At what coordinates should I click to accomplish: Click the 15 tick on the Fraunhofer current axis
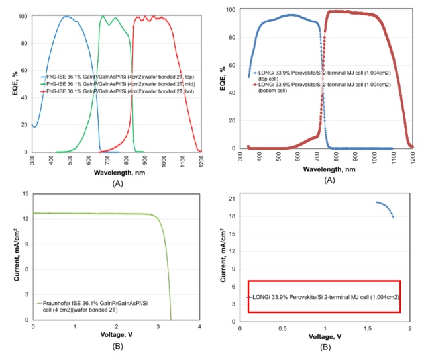coord(26,194)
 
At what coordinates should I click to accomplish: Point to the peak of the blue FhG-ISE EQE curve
coord(66,17)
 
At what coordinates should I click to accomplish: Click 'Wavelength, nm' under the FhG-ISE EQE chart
coord(117,169)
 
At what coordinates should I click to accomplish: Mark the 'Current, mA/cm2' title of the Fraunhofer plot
coord(15,257)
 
